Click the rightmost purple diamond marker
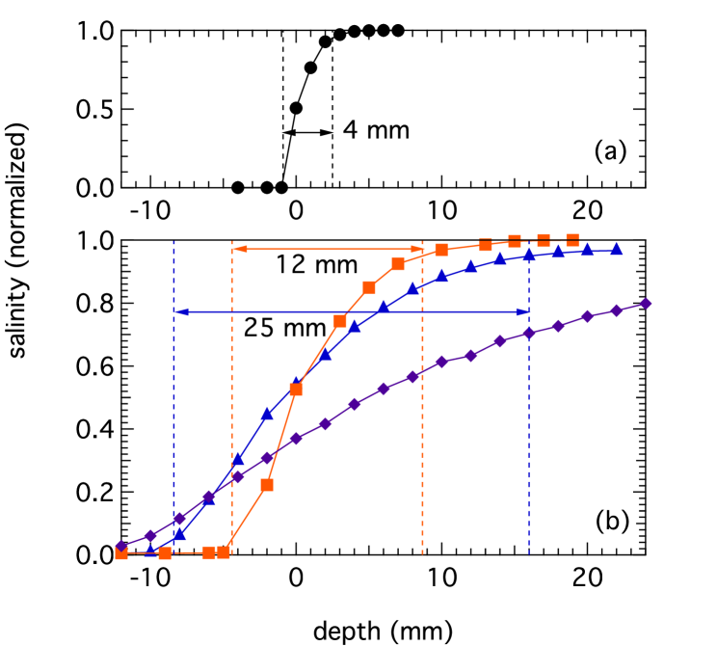point(646,304)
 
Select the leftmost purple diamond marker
point(121,547)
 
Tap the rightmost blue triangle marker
point(616,249)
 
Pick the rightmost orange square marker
point(572,239)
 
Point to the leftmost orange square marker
point(121,553)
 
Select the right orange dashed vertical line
point(422,434)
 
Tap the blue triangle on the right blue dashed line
point(528,255)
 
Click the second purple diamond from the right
point(616,310)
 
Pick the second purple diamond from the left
point(150,536)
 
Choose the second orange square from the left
point(165,553)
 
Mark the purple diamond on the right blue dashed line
point(528,333)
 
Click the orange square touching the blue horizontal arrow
point(340,320)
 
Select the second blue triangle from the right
point(587,249)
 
